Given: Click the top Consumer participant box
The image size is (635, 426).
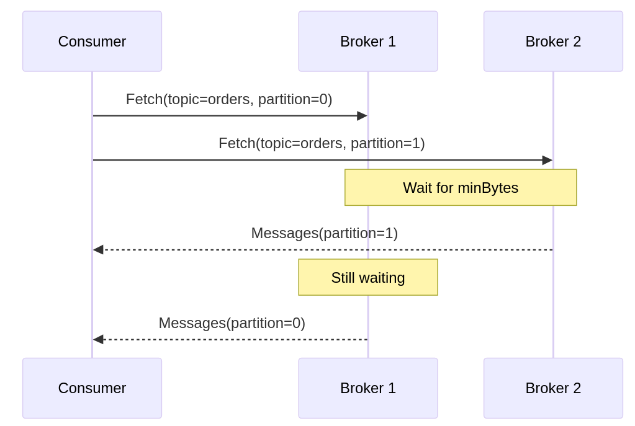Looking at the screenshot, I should point(92,41).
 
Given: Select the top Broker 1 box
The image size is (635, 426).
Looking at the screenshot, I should point(367,41).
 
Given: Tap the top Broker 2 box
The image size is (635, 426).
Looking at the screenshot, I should point(553,41).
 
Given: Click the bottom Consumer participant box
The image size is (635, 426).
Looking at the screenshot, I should point(92,388).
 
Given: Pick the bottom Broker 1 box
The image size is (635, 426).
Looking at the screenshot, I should point(367,388).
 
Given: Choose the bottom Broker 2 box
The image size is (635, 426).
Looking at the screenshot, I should point(553,388).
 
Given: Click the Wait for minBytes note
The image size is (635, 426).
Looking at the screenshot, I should point(461,187).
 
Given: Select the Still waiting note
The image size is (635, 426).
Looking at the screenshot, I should point(367,277).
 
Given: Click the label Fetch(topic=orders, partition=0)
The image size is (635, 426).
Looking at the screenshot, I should point(229,99).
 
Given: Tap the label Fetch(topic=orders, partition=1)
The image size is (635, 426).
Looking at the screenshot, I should point(322,143).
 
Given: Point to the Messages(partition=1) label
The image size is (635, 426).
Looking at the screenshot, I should point(324,233).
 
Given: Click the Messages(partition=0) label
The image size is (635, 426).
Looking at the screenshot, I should point(232,323).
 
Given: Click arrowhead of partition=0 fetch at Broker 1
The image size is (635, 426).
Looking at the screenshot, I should point(363,116).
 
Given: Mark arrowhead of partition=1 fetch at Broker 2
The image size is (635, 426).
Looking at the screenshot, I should point(547,160).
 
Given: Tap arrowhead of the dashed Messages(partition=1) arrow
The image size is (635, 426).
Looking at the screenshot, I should point(98,250).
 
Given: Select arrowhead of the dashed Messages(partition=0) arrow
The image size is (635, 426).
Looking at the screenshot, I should point(98,339).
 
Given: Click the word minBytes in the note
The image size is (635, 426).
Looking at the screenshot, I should point(488,188).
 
